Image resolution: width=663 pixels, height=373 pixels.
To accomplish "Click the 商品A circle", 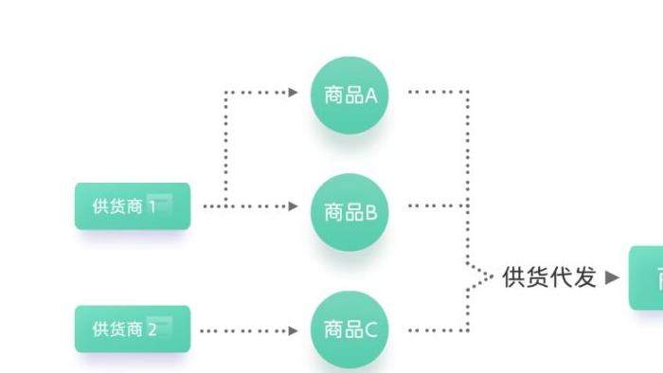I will (x=350, y=95).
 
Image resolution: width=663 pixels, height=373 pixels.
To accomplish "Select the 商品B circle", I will (x=350, y=212).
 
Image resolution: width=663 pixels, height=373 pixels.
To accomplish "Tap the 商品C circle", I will (x=350, y=329).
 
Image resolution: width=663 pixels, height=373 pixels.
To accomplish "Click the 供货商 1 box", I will (x=133, y=206).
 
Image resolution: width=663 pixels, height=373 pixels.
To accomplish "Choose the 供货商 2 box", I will (x=133, y=329).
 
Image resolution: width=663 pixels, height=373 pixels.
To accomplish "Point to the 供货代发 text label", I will (x=549, y=277).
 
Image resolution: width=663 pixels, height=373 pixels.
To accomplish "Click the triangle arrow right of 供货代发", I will (x=612, y=277).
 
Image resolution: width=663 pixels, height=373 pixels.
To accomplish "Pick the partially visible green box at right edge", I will (x=648, y=277).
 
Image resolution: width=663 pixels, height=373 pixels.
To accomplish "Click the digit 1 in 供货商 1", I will (x=152, y=206).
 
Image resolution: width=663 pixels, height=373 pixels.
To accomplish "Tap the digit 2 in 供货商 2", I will (x=152, y=329).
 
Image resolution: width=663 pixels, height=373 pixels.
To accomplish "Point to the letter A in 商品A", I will (x=370, y=96).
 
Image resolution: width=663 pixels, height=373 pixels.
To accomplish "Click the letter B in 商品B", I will (x=370, y=213).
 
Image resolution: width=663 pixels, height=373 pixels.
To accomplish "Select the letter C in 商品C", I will (x=370, y=329).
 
